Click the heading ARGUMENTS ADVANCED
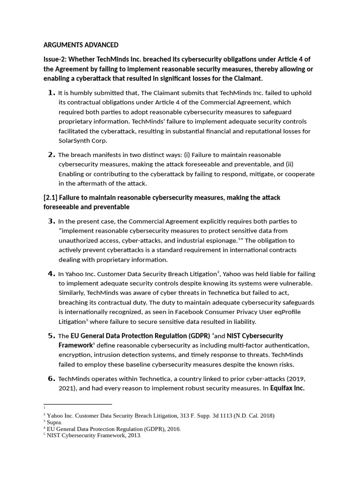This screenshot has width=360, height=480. [81, 45]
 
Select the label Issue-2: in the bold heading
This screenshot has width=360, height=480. [55, 59]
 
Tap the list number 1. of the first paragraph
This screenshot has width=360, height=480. [52, 92]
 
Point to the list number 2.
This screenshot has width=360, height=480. [52, 154]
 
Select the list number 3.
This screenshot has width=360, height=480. [52, 221]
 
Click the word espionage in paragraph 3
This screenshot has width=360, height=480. [222, 240]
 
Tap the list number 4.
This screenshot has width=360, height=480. [52, 273]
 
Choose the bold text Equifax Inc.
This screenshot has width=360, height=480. [287, 388]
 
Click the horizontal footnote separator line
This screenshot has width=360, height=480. [78, 404]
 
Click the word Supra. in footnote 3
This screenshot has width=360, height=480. [54, 422]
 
